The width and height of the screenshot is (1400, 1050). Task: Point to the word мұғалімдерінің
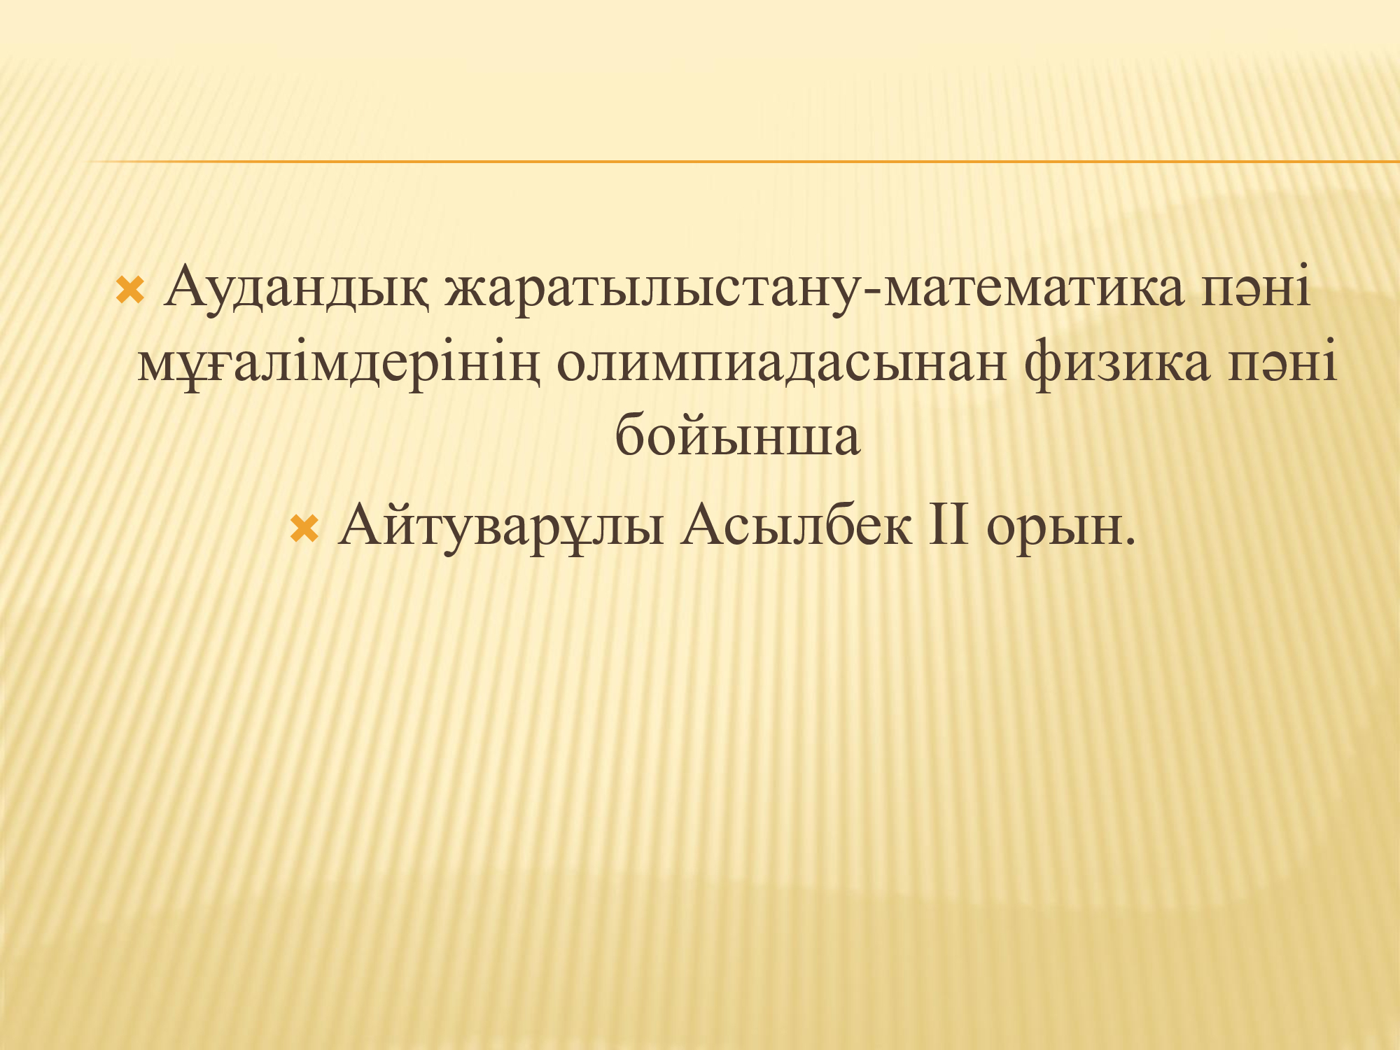point(339,364)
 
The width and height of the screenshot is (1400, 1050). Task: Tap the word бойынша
point(737,434)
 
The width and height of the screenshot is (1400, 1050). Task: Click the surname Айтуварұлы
point(500,527)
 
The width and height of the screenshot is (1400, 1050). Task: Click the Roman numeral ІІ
point(948,525)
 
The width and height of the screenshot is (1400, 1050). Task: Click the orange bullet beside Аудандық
point(130,290)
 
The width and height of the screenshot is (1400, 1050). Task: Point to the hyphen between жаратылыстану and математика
point(872,294)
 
